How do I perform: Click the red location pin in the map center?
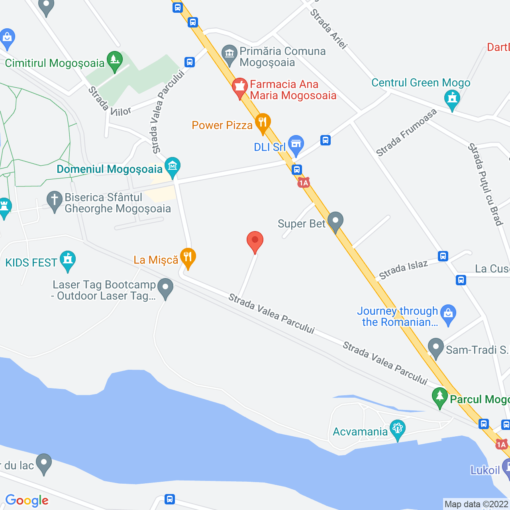coord(255,241)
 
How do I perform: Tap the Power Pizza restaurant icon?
coord(263,122)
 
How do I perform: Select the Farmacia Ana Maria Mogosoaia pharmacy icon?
coord(240,87)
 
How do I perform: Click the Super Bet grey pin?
coord(335,221)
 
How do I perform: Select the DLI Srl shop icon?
coord(296,144)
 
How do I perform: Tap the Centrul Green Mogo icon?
coord(452,98)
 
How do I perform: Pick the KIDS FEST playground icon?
coord(68,260)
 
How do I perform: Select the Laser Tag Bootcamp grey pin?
coord(165,287)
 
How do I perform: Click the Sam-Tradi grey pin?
coord(436,347)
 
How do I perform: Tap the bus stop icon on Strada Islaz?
coord(443,256)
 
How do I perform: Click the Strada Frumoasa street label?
coord(406,133)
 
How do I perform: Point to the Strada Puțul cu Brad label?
coord(485,184)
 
